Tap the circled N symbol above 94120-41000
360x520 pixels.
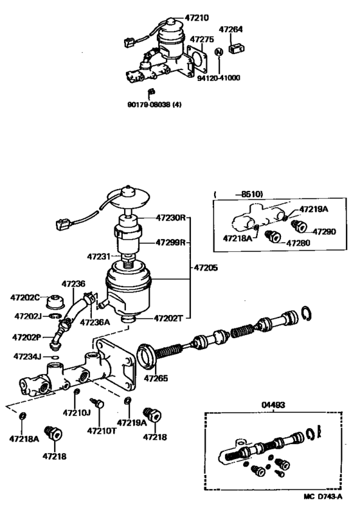click(219, 51)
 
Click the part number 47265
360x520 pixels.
click(156, 378)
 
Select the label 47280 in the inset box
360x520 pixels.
click(298, 244)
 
